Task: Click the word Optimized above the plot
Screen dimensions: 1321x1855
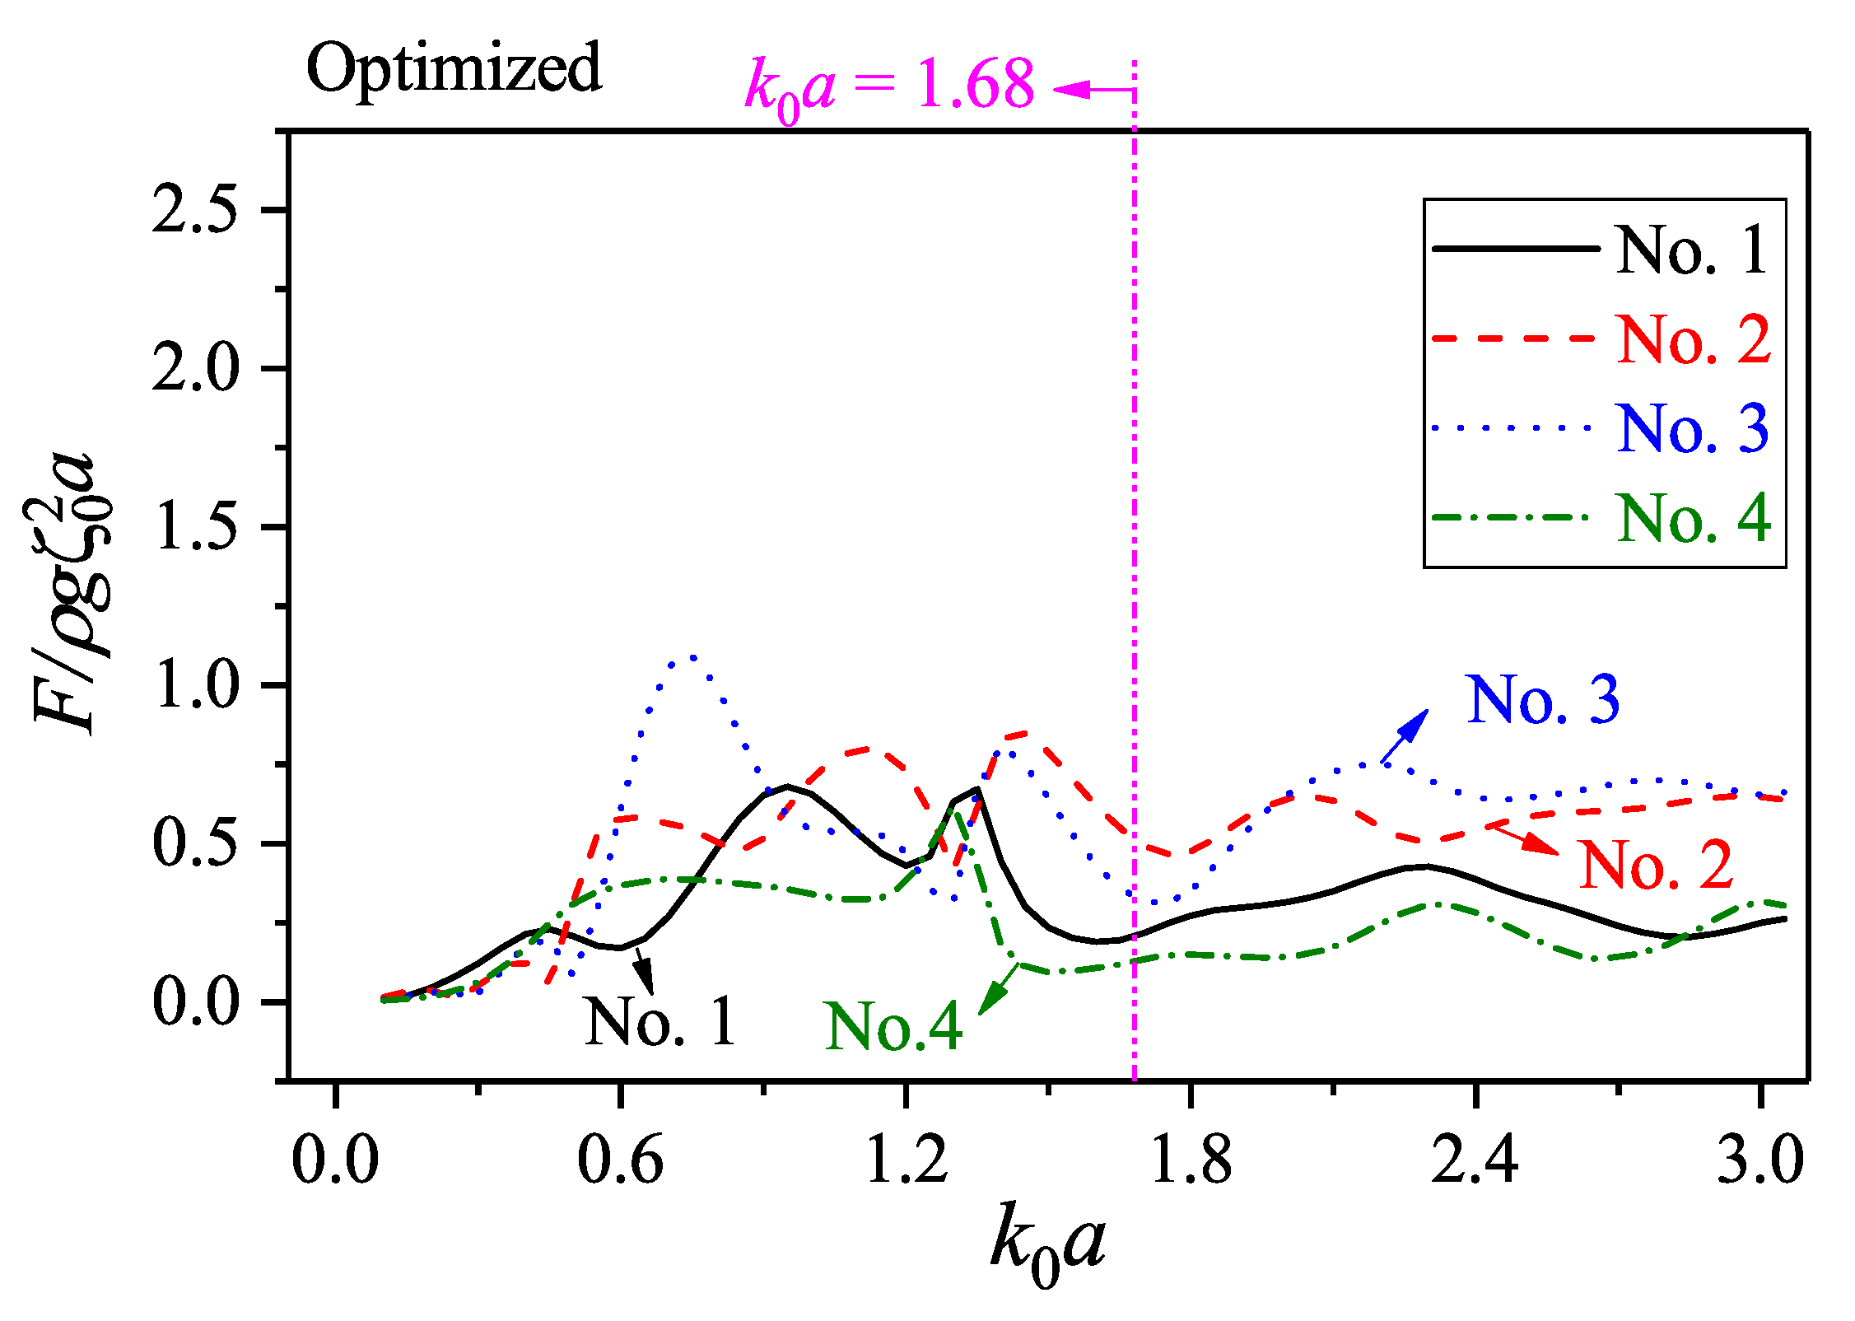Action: tap(454, 68)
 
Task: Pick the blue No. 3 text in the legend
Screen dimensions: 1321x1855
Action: tap(1693, 429)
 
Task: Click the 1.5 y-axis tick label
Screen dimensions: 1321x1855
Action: tap(194, 527)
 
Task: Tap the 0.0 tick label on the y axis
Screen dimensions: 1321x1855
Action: tap(194, 1003)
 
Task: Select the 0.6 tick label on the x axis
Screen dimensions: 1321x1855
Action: tap(619, 1161)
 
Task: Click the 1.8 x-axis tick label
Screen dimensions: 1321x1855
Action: tap(1191, 1161)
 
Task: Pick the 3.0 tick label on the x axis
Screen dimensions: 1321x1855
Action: tap(1759, 1161)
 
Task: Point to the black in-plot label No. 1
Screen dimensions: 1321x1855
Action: tap(660, 1022)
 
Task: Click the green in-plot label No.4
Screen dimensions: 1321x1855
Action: tap(893, 1027)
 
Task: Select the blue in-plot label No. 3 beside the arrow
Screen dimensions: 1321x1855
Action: tap(1543, 700)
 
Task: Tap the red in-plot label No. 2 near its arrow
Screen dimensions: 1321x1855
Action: tap(1656, 865)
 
